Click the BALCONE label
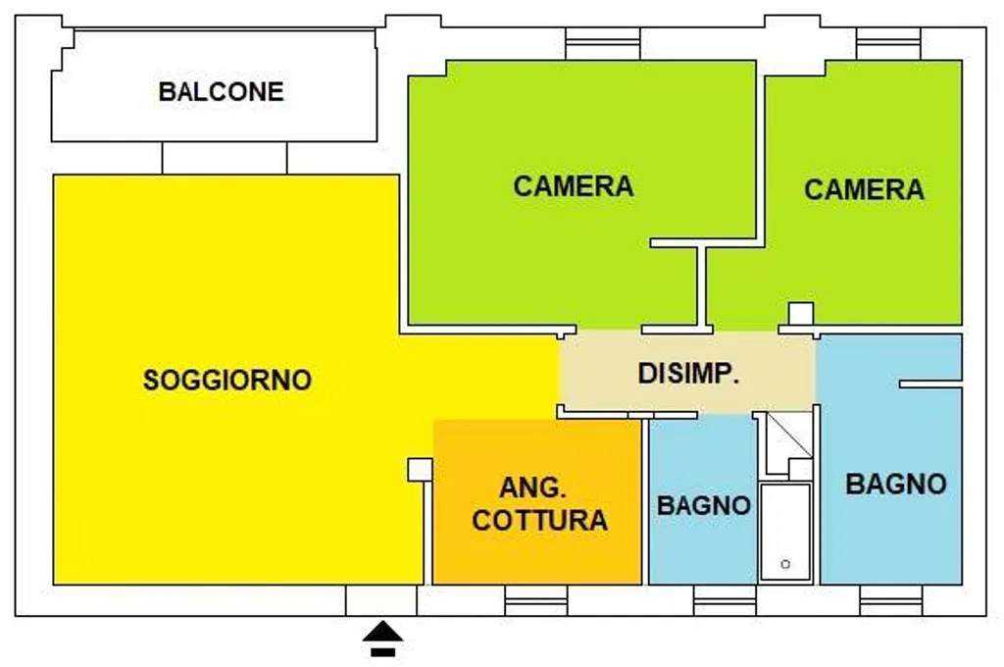[x=221, y=91]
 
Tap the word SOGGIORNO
[x=227, y=380]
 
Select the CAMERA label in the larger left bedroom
[x=573, y=185]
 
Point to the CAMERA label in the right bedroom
[x=864, y=189]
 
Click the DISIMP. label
[x=688, y=373]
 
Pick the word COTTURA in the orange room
[x=540, y=520]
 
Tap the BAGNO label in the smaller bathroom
[x=704, y=505]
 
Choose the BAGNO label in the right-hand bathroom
[x=896, y=484]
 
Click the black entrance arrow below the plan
[x=383, y=639]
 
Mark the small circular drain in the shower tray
[x=785, y=564]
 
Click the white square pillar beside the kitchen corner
[x=420, y=470]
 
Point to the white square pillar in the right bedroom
[x=801, y=314]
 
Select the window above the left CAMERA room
[x=603, y=43]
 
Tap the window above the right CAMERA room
[x=888, y=43]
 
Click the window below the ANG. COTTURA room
[x=536, y=600]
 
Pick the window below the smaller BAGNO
[x=725, y=600]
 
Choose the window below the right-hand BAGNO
[x=891, y=600]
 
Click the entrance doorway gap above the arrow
[x=381, y=600]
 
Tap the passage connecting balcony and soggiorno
[x=225, y=158]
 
